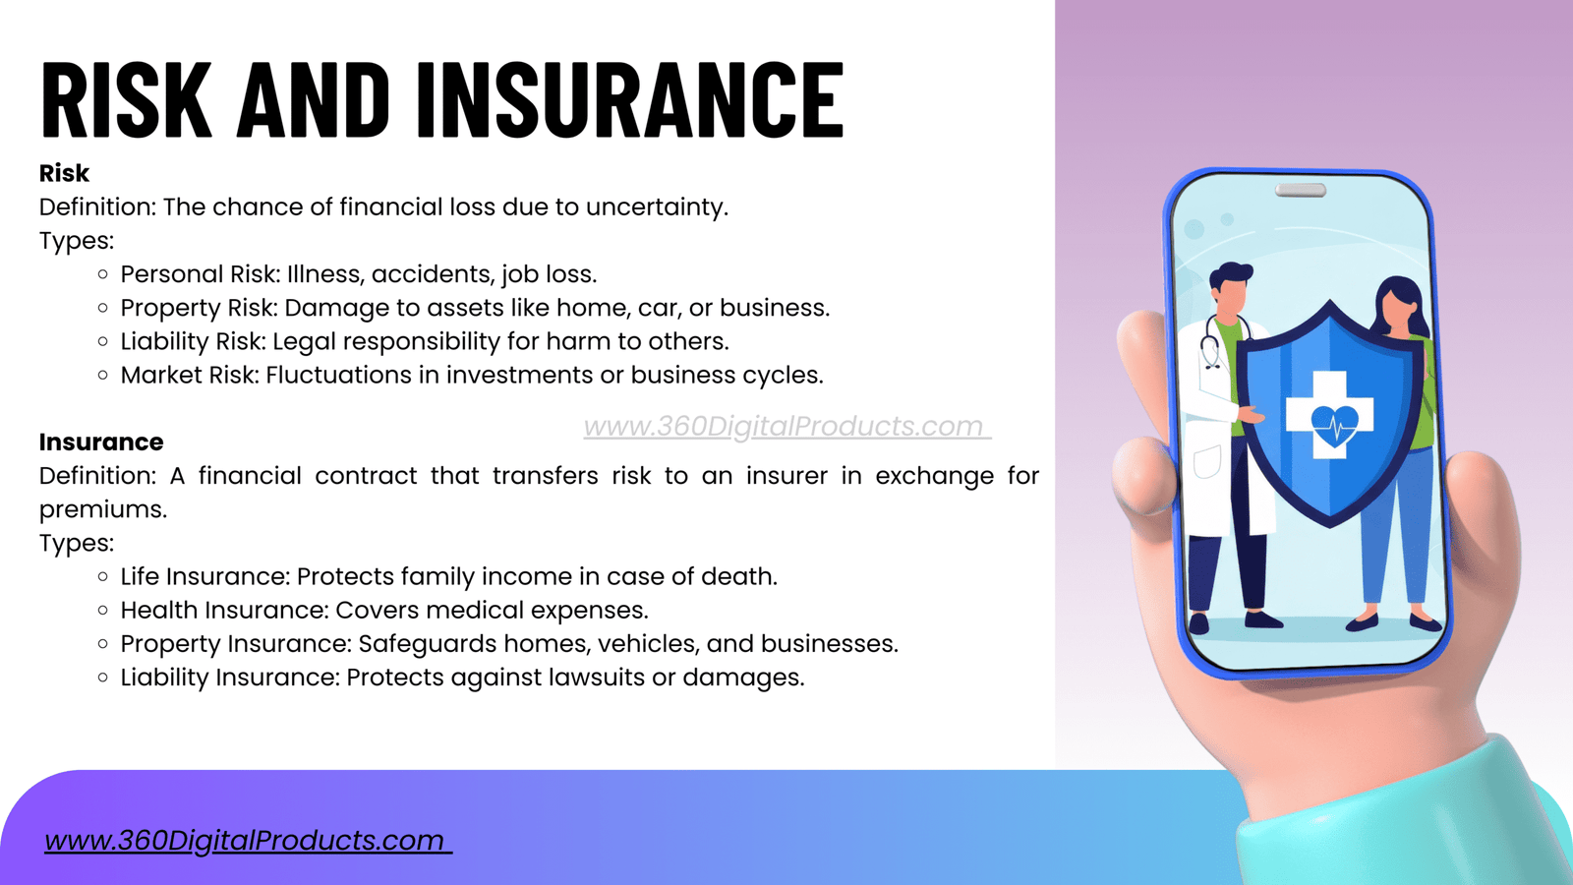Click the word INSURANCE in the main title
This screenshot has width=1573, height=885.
tap(630, 99)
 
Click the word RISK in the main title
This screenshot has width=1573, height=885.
tap(127, 99)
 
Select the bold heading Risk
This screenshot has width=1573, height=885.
tap(64, 173)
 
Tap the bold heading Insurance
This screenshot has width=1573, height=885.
tap(101, 442)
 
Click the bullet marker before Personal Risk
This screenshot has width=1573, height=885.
tap(103, 274)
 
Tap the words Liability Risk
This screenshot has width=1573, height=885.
tap(193, 341)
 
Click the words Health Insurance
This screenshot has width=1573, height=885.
tap(223, 610)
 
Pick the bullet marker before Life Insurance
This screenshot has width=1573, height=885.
tap(103, 576)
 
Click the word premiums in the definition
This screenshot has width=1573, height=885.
tap(102, 510)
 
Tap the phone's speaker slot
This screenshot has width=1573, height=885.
tap(1301, 190)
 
